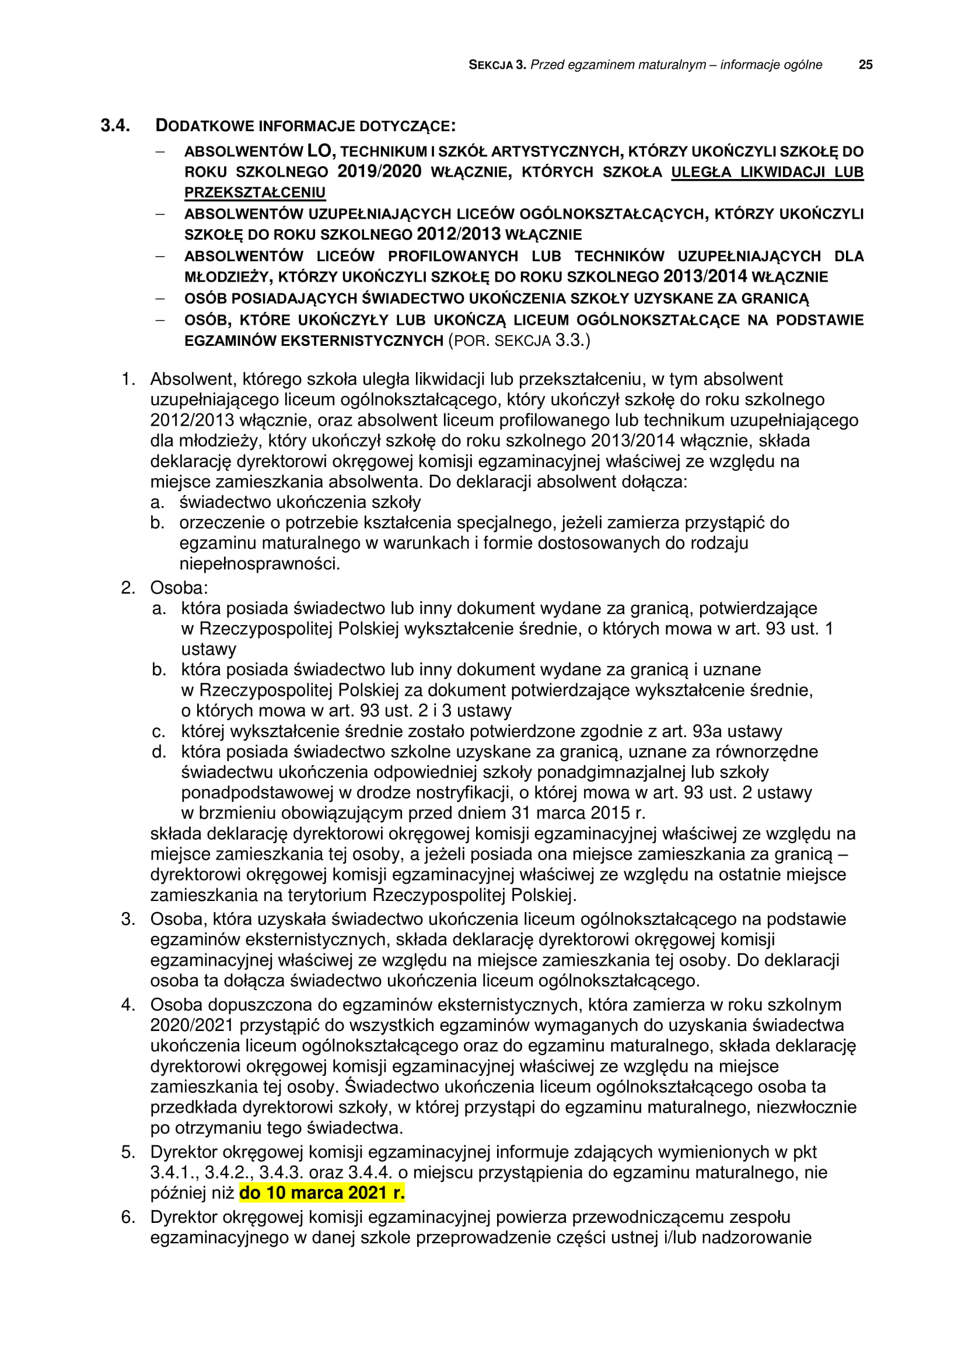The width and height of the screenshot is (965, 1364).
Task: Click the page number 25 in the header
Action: click(865, 65)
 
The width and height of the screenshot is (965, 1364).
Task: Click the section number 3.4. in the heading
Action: click(116, 125)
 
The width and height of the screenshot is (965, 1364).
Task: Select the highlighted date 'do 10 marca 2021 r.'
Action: click(321, 1193)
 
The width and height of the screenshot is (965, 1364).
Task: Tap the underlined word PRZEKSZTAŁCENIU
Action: click(255, 192)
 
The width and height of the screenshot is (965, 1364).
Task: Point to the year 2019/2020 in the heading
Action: click(379, 171)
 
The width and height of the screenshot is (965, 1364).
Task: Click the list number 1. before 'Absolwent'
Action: click(128, 379)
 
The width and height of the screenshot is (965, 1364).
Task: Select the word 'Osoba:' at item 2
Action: click(179, 588)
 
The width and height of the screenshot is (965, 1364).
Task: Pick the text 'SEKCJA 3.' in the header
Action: click(497, 65)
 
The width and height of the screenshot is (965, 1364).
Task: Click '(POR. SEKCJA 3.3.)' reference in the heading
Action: click(519, 341)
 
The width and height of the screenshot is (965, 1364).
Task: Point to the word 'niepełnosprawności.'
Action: click(260, 563)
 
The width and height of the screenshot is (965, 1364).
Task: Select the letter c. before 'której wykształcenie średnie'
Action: click(159, 731)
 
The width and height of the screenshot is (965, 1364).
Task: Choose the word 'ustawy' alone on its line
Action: click(208, 648)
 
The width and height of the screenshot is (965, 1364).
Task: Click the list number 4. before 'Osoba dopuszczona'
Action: click(128, 1005)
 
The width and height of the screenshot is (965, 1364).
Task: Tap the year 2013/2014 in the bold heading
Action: click(705, 276)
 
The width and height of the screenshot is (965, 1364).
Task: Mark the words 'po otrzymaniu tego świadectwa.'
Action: click(277, 1127)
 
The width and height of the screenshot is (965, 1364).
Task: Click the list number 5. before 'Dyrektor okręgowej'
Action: click(128, 1152)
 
